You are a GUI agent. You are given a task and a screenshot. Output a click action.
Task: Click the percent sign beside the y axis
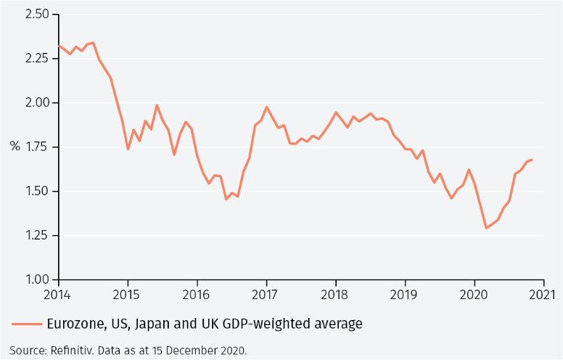pyautogui.click(x=15, y=146)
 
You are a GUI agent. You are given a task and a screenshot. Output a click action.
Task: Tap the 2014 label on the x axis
pyautogui.click(x=59, y=295)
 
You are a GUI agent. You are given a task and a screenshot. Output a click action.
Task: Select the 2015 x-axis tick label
pyautogui.click(x=128, y=295)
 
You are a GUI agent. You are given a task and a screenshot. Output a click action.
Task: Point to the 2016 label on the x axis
pyautogui.click(x=197, y=295)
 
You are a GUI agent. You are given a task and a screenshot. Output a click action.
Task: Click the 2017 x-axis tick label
pyautogui.click(x=266, y=295)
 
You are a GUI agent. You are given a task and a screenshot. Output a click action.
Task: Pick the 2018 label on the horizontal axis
pyautogui.click(x=335, y=295)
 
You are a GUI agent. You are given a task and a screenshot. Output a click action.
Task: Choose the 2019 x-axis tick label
pyautogui.click(x=404, y=295)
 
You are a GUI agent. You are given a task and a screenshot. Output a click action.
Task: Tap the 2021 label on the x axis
pyautogui.click(x=543, y=295)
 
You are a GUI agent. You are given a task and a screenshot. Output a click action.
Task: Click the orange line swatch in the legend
pyautogui.click(x=26, y=324)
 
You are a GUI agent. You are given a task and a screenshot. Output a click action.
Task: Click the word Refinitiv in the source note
pyautogui.click(x=75, y=351)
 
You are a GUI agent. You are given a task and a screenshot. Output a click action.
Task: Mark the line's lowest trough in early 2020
pyautogui.click(x=486, y=228)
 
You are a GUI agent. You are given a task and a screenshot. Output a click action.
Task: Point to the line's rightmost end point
pyautogui.click(x=532, y=160)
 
